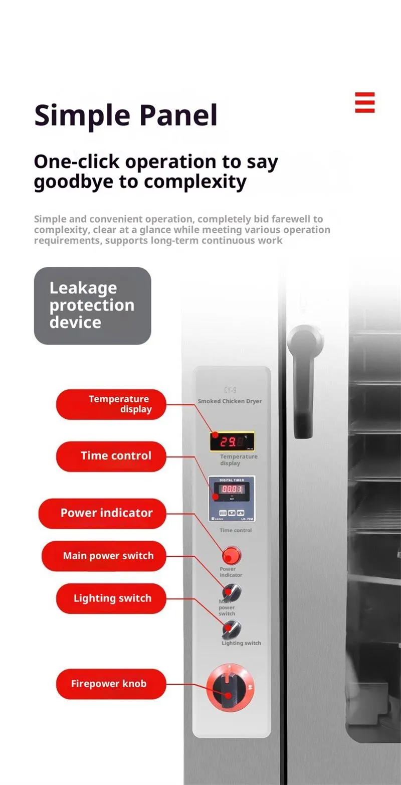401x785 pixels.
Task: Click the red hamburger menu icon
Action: pos(365,102)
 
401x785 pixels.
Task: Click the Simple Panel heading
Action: pos(126,115)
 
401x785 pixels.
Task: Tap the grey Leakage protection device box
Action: pos(92,305)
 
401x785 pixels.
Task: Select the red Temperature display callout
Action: pos(111,404)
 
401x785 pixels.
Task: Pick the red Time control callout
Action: pos(111,456)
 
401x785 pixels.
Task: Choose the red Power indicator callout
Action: pos(102,513)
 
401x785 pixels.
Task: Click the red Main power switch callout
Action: pos(104,556)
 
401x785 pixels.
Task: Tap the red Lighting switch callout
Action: pos(111,598)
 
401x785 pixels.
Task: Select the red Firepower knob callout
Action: pos(111,684)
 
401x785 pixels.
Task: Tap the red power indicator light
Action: pos(231,556)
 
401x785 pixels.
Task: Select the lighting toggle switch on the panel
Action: pos(232,628)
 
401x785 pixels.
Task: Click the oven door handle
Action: pos(303,381)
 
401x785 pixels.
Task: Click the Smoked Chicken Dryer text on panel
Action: pos(230,401)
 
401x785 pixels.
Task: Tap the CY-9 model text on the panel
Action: pos(231,390)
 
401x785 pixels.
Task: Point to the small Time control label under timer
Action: pos(236,530)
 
